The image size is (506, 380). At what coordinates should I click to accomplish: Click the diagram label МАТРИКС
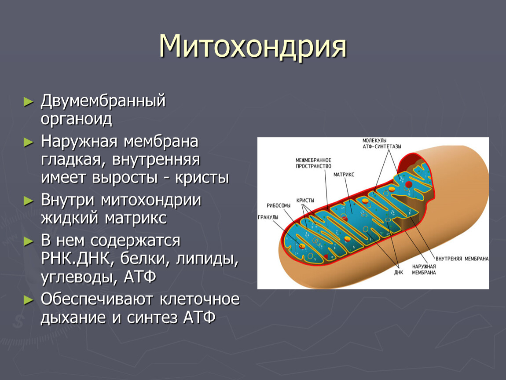(344, 175)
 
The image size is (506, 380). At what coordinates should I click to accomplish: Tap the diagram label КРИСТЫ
(305, 200)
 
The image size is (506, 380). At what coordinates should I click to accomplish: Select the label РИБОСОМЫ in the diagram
(279, 205)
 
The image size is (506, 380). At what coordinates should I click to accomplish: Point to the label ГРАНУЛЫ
(268, 217)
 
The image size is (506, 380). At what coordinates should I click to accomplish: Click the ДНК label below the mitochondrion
(399, 273)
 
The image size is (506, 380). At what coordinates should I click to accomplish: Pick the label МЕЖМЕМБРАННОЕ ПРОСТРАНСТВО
(313, 163)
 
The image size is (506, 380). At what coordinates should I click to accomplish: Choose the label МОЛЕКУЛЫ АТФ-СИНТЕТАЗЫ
(382, 143)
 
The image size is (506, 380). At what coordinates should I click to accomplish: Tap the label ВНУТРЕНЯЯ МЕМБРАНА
(462, 259)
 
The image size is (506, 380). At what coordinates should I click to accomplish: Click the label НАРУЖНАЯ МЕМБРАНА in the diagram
(424, 270)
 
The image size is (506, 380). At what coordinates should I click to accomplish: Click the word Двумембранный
(103, 101)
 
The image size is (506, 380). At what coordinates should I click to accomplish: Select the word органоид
(77, 120)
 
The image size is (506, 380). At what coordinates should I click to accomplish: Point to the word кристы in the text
(202, 178)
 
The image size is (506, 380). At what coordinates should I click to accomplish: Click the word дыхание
(73, 318)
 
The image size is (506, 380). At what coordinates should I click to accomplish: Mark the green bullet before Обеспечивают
(29, 300)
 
